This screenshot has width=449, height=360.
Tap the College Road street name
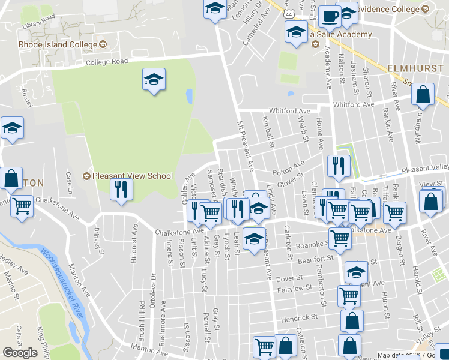click(107, 62)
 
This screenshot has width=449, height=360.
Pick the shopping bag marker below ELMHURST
click(423, 95)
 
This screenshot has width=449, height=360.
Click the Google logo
click(20, 353)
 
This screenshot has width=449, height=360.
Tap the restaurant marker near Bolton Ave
click(339, 166)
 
